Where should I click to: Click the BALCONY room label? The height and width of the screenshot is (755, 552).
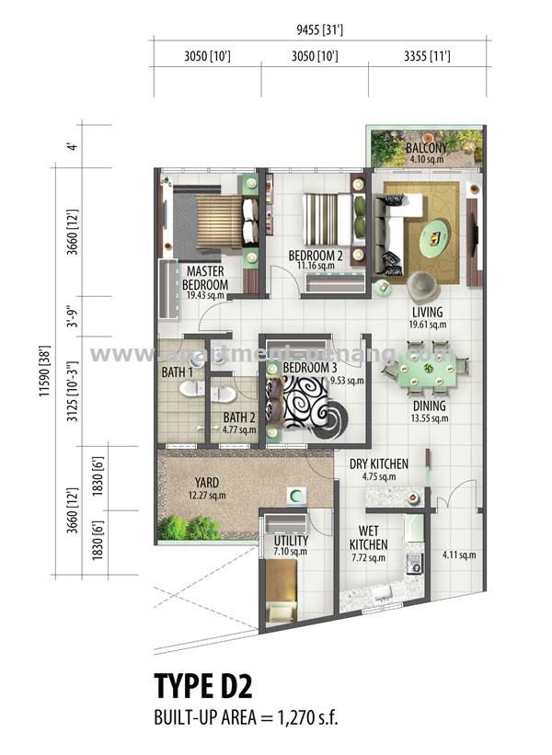pyautogui.click(x=427, y=148)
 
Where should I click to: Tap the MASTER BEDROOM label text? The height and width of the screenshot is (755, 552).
pyautogui.click(x=206, y=279)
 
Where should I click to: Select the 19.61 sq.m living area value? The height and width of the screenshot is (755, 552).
pyautogui.click(x=428, y=324)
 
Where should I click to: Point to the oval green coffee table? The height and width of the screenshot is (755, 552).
pyautogui.click(x=434, y=238)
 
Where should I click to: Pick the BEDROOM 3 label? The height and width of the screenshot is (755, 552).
pyautogui.click(x=309, y=369)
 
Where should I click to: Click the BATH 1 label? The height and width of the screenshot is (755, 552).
pyautogui.click(x=177, y=372)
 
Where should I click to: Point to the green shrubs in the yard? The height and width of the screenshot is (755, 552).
pyautogui.click(x=190, y=528)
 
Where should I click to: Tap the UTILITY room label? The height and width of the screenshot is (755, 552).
pyautogui.click(x=291, y=541)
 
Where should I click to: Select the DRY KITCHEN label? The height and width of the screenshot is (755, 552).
pyautogui.click(x=378, y=464)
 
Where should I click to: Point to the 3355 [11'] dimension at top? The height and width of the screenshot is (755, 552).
pyautogui.click(x=426, y=57)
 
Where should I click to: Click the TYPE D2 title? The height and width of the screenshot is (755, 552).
pyautogui.click(x=202, y=687)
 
